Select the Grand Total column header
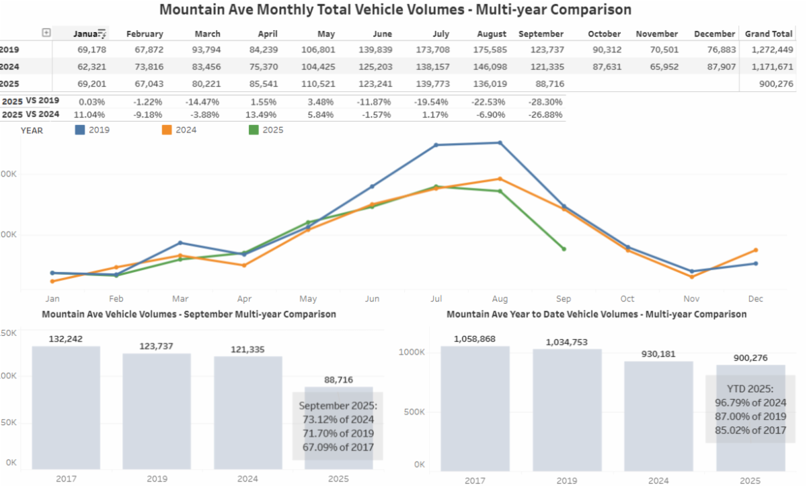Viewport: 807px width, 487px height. [768, 34]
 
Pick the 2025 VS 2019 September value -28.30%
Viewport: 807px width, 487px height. [547, 101]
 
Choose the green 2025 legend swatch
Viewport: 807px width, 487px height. [254, 130]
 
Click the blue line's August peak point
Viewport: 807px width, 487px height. [500, 142]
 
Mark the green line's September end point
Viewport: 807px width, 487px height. [564, 249]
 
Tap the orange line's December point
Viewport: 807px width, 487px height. [755, 250]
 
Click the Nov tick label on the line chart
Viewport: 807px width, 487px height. [691, 299]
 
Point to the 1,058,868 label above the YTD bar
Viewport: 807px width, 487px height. [474, 339]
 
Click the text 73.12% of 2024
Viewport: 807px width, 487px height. [338, 420]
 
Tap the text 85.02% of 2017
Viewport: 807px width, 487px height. [751, 430]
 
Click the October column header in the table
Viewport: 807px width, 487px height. [604, 34]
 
